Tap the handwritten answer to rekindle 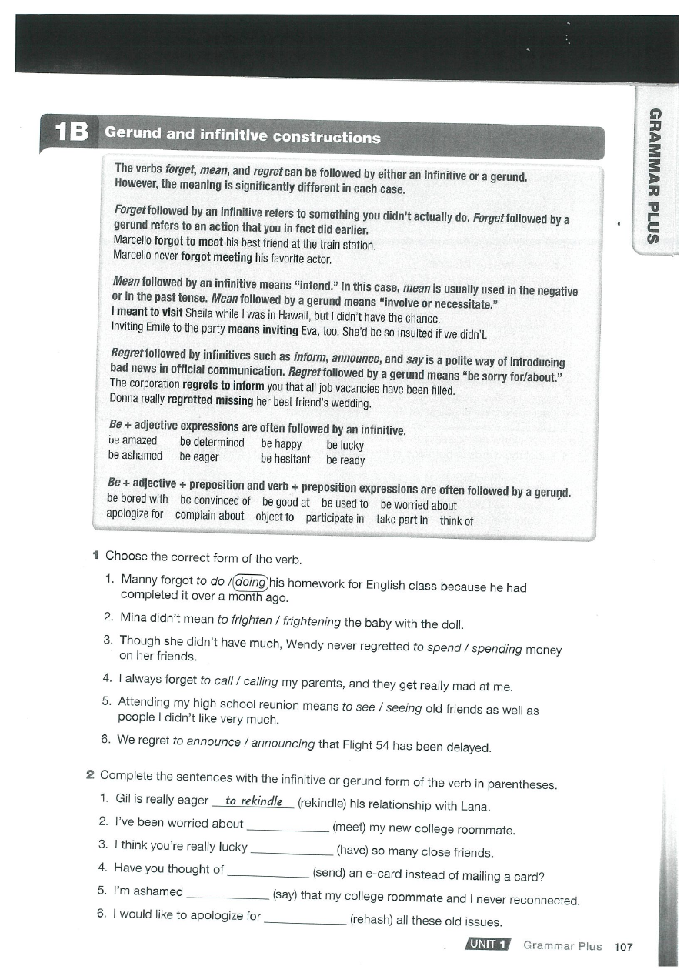click(x=254, y=801)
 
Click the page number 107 click(x=623, y=947)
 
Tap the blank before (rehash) click(x=305, y=921)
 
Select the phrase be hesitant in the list click(x=285, y=460)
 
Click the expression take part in click(x=402, y=520)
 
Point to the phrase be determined click(x=212, y=443)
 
